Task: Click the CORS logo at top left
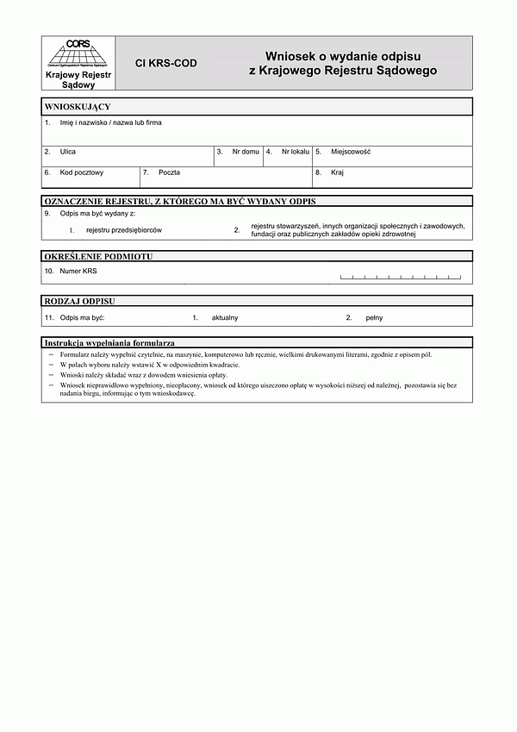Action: [x=78, y=53]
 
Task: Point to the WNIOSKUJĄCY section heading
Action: [x=78, y=106]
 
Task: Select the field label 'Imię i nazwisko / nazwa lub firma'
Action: [x=110, y=122]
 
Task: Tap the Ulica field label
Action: [x=68, y=152]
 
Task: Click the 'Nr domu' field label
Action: [x=246, y=152]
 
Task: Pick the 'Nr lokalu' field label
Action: [x=295, y=152]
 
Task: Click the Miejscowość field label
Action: [x=351, y=152]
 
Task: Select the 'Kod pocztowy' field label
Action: [x=82, y=172]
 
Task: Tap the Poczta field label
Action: [x=169, y=172]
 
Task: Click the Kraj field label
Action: [x=337, y=172]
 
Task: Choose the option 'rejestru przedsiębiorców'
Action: [x=124, y=230]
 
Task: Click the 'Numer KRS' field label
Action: [x=78, y=271]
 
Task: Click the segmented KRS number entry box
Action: [x=401, y=277]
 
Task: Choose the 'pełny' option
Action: [x=374, y=318]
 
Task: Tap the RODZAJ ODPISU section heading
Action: [x=79, y=301]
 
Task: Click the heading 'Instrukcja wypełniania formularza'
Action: [x=109, y=343]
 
